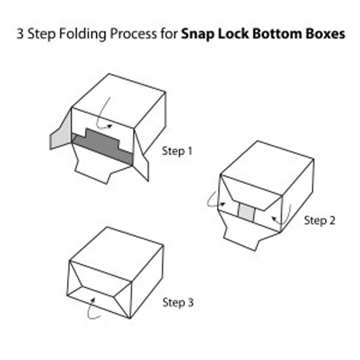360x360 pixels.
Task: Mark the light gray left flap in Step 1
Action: [61, 150]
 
